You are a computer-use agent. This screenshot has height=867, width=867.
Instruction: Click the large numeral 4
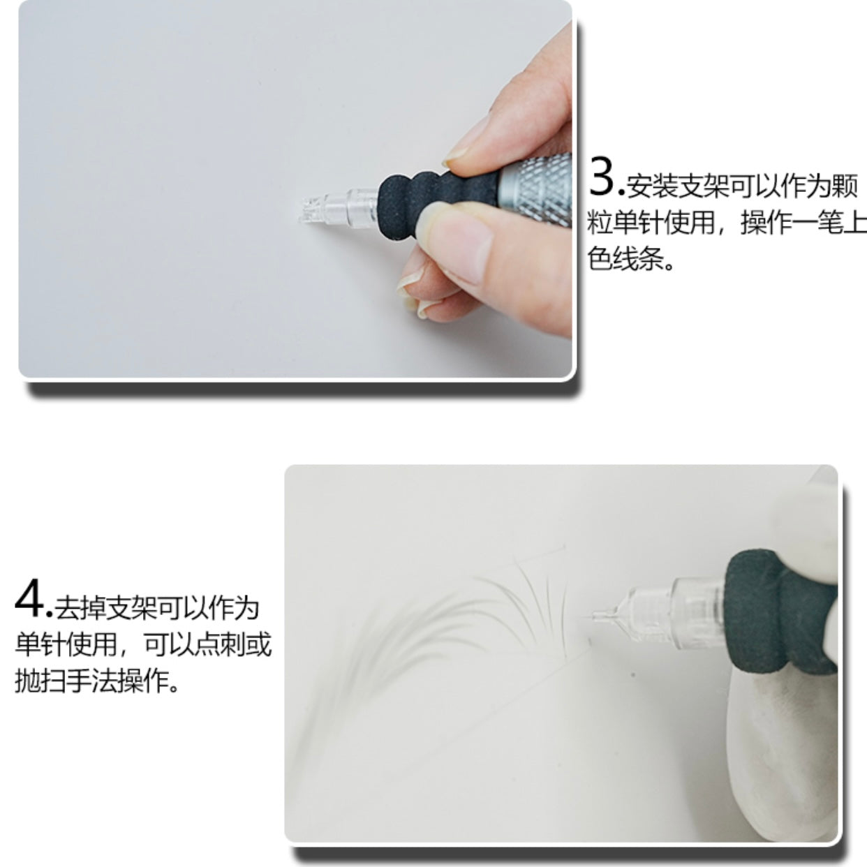(30, 604)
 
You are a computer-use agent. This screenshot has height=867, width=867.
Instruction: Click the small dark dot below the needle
(632, 675)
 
